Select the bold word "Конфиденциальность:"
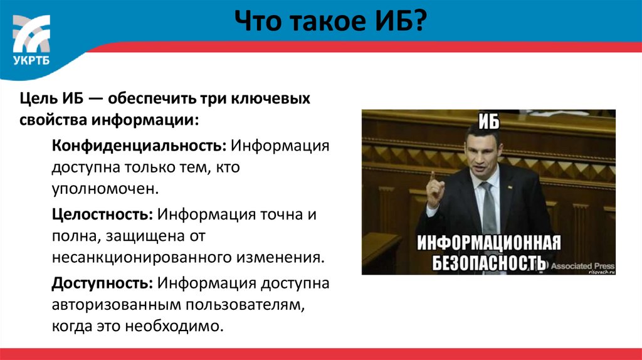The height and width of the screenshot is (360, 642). (x=139, y=146)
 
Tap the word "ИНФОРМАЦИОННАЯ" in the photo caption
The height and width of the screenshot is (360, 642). (x=488, y=241)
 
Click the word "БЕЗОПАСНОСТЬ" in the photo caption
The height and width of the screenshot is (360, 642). (x=489, y=262)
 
